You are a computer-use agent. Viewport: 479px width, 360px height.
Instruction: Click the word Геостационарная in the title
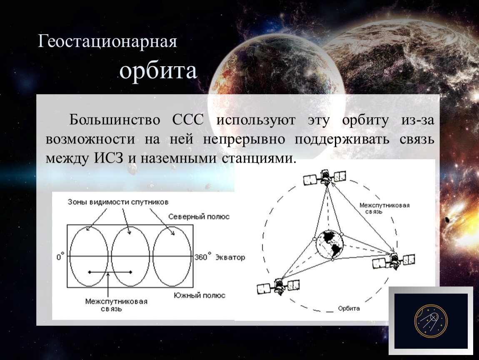(107, 42)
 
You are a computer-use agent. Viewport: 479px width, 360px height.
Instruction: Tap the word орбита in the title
(158, 71)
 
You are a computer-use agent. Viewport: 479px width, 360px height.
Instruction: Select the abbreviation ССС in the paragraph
(187, 120)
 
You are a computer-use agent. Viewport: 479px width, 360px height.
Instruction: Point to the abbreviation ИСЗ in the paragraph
(108, 158)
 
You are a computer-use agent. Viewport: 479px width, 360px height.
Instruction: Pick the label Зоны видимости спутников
(118, 202)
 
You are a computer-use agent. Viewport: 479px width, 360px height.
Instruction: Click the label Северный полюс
(199, 217)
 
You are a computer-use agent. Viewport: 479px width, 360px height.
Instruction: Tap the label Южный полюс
(200, 295)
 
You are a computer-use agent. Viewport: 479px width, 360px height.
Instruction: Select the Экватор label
(230, 257)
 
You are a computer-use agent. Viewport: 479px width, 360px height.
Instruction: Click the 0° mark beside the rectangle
(60, 257)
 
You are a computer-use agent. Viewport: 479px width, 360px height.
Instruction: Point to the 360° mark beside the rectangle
(203, 256)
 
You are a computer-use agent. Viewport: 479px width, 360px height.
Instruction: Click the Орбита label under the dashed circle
(349, 309)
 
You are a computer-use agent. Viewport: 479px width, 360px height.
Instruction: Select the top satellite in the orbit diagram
(325, 177)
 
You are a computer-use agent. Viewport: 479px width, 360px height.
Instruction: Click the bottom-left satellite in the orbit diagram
(278, 286)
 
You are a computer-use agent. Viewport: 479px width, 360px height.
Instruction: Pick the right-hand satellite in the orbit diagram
(394, 261)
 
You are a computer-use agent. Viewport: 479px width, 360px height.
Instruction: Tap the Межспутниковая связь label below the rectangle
(116, 305)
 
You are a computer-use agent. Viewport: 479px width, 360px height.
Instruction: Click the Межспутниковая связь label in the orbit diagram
(384, 208)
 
